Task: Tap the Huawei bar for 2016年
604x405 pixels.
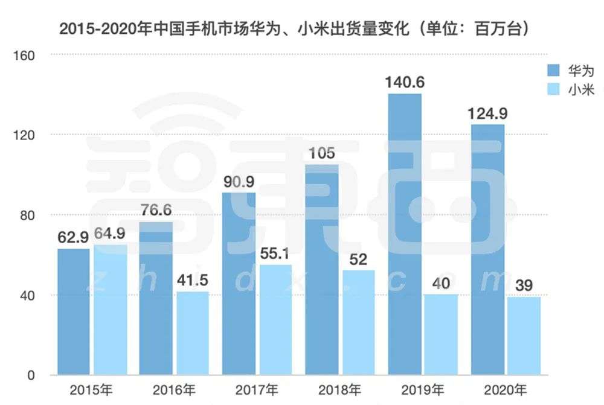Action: click(x=156, y=298)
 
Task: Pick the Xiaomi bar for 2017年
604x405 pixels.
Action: click(x=275, y=320)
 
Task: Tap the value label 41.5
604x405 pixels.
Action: click(x=191, y=280)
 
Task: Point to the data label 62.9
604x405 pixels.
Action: click(x=74, y=237)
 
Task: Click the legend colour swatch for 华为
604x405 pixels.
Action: click(x=553, y=70)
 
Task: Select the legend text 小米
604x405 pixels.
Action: click(x=581, y=90)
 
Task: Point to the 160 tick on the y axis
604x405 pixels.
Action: click(x=28, y=56)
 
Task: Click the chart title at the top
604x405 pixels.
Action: click(x=295, y=29)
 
